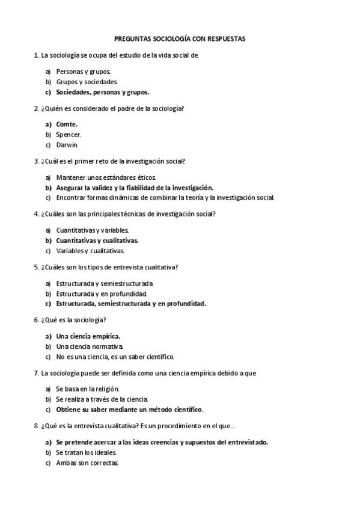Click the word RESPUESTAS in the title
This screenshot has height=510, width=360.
click(224, 38)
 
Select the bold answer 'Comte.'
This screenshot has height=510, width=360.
click(67, 124)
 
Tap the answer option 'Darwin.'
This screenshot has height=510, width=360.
click(67, 144)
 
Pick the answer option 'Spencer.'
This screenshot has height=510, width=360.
click(69, 135)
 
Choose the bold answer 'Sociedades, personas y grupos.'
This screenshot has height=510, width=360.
click(103, 92)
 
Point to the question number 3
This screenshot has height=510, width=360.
click(37, 161)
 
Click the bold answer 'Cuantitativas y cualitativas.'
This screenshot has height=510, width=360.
click(97, 240)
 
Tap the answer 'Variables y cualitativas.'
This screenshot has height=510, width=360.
click(90, 250)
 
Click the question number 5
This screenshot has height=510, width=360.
click(37, 267)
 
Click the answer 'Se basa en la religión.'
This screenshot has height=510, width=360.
click(88, 389)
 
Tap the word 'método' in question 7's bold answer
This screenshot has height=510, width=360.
click(161, 410)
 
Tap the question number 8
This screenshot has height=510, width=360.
click(37, 426)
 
